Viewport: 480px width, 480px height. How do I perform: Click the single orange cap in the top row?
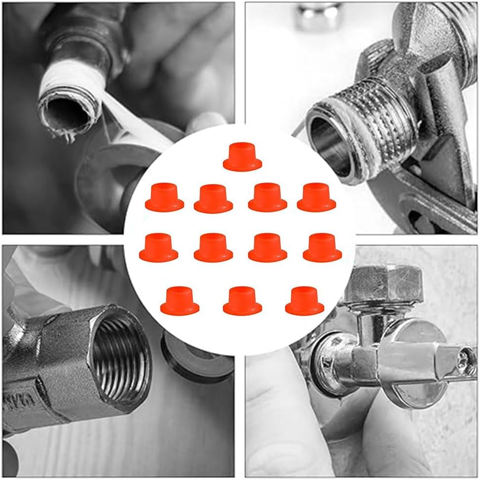[242, 157]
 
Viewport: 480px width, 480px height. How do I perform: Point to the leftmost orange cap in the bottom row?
[180, 300]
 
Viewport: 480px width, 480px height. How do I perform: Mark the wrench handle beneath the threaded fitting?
[439, 207]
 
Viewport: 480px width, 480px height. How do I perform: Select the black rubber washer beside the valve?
[197, 355]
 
